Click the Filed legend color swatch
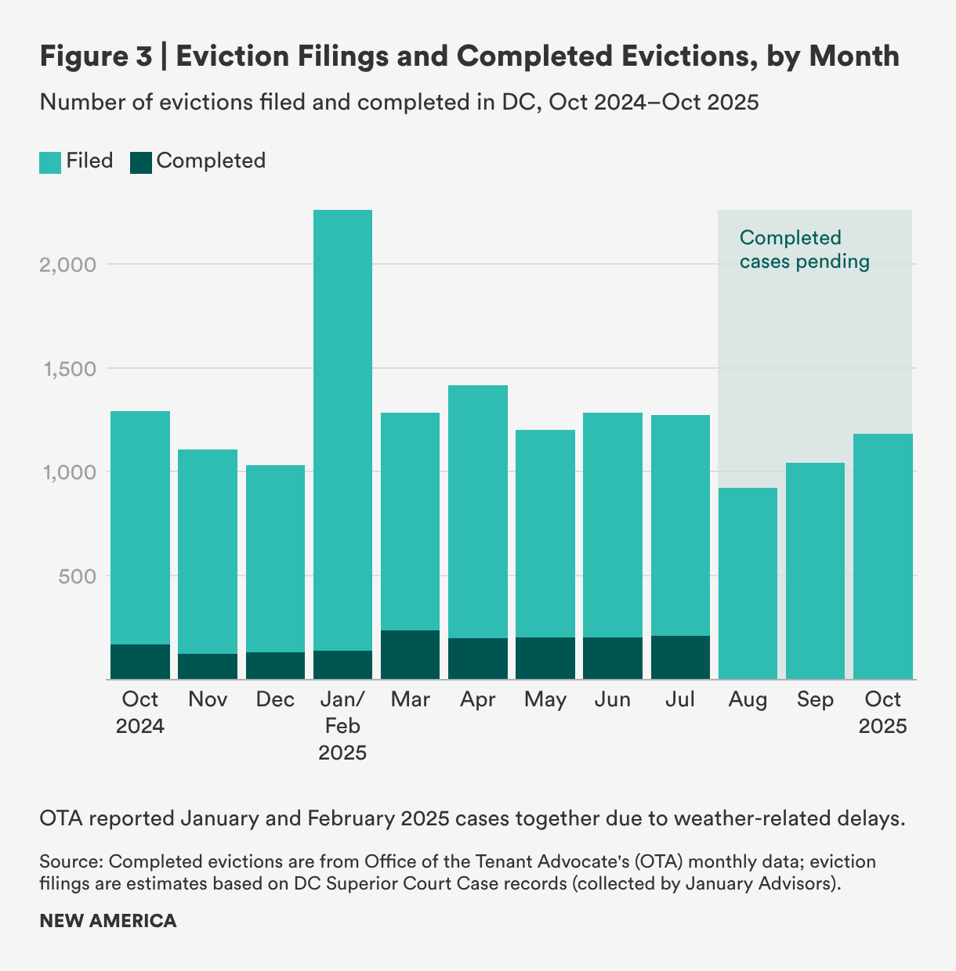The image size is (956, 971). [x=50, y=162]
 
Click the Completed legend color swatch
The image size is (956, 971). [x=141, y=162]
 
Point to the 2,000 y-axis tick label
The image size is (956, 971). [x=67, y=265]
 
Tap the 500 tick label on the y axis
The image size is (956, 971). [x=78, y=576]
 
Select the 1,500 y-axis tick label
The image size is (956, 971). [x=67, y=369]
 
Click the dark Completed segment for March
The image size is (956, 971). [x=410, y=655]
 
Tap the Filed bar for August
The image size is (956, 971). [x=748, y=583]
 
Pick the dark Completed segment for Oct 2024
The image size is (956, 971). [x=140, y=662]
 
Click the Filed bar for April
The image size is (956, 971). [x=478, y=509]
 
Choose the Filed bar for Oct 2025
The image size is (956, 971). [x=883, y=556]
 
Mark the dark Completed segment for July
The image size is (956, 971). [x=680, y=658]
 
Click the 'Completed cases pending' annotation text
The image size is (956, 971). [x=804, y=249]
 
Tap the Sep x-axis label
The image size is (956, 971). [x=815, y=699]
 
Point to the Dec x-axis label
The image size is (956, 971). [x=275, y=699]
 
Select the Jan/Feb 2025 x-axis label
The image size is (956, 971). [x=342, y=726]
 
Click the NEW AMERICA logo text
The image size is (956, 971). [x=107, y=921]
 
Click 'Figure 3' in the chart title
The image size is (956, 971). [x=95, y=56]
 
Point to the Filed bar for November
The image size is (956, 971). [x=208, y=548]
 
